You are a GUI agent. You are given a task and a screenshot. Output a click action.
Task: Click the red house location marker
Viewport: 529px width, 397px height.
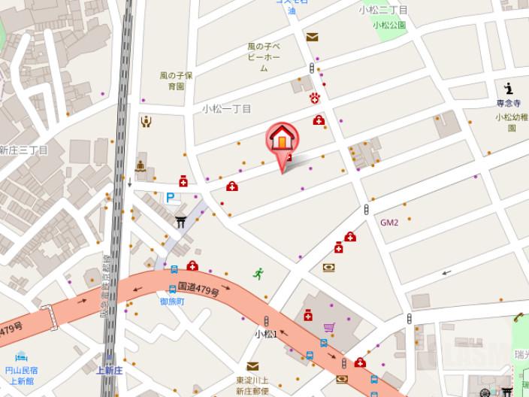[x=282, y=138]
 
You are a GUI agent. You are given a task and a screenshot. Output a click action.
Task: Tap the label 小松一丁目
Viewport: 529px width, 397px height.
[x=226, y=109]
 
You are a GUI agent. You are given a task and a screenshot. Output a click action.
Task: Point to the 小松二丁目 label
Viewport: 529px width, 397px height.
[x=382, y=11]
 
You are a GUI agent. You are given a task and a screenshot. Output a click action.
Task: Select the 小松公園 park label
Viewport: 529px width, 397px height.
[x=389, y=25]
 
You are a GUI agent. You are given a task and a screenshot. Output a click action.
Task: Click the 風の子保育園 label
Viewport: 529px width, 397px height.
[x=177, y=80]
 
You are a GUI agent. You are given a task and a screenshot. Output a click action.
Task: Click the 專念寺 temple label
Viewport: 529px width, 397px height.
[x=508, y=103]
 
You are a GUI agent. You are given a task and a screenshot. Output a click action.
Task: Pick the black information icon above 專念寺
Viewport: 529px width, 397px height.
[x=509, y=87]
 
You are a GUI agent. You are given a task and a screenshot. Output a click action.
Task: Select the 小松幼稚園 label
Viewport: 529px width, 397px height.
[x=511, y=122]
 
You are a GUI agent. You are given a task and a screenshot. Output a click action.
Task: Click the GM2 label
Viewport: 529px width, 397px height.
[x=388, y=223]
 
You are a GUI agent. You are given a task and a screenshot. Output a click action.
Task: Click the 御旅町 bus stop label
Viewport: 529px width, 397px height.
[x=172, y=302]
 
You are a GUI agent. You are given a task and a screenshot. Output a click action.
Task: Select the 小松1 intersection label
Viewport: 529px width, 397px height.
[x=266, y=334]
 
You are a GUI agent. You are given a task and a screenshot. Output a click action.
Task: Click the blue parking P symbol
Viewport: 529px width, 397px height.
[x=171, y=198]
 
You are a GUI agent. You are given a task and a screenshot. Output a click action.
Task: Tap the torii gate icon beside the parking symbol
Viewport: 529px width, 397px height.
[x=180, y=222]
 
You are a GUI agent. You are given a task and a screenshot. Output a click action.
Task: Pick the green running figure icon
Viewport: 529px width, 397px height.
[x=258, y=274]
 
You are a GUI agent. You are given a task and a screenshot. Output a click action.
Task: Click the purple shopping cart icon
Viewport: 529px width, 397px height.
[x=329, y=329]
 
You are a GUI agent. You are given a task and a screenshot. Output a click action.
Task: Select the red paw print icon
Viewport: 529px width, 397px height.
[x=316, y=98]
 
